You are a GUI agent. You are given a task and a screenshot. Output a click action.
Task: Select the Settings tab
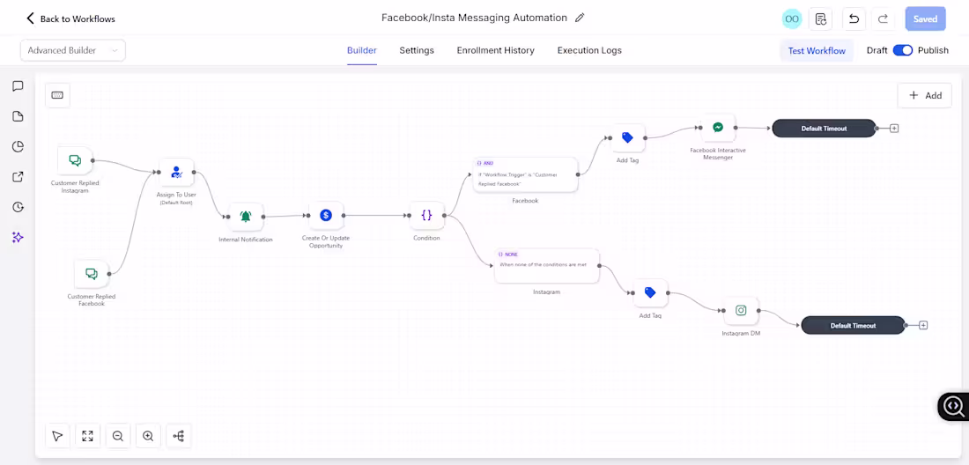tap(417, 50)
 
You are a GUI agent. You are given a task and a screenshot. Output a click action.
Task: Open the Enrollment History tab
tap(495, 50)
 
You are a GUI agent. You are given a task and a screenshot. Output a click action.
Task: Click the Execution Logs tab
tap(589, 50)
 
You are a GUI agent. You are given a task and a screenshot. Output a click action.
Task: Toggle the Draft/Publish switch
tap(902, 50)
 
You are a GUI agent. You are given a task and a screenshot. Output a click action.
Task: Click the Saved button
tap(925, 18)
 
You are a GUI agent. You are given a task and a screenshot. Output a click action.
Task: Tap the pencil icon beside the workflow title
tap(580, 18)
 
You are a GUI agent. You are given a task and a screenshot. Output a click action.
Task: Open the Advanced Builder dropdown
tap(73, 50)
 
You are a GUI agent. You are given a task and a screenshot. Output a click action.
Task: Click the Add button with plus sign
tap(925, 95)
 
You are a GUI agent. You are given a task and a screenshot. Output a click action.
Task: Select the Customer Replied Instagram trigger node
tap(75, 160)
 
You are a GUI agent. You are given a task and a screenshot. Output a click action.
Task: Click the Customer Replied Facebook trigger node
tap(91, 274)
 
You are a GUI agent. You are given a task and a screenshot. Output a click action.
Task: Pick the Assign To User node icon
tap(176, 173)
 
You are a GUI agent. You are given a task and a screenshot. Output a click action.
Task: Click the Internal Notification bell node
tap(246, 217)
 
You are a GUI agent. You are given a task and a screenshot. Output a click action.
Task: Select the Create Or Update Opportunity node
tap(326, 215)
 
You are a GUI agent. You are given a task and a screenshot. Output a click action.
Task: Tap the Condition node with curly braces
tap(426, 215)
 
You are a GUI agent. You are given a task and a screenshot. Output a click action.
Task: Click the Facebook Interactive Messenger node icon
tap(718, 128)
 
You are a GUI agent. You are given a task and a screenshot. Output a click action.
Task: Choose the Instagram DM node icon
tap(741, 311)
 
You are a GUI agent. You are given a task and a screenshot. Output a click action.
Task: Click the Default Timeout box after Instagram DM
tap(853, 325)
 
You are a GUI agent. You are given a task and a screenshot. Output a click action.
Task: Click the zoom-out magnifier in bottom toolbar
tap(117, 436)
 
